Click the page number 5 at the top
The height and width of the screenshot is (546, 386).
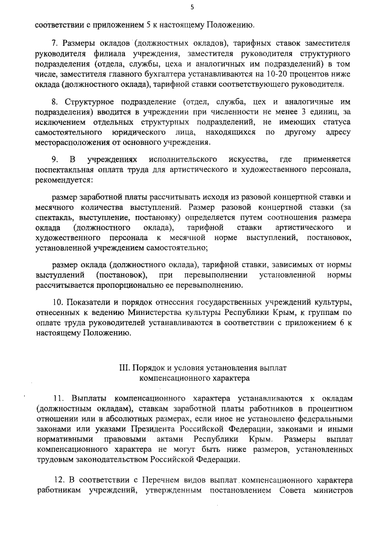tap(192, 7)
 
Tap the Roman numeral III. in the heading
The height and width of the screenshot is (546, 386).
tap(125, 367)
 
